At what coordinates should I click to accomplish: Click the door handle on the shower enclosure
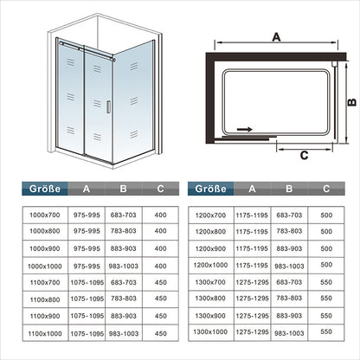tap(108, 106)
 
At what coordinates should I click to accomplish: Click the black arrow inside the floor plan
tap(245, 129)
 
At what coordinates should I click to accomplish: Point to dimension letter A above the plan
tap(276, 37)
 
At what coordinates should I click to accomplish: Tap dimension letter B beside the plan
tap(352, 102)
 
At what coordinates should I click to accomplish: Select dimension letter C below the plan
tap(304, 155)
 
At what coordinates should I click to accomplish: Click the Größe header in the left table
tap(45, 189)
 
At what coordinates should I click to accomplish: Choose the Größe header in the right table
tap(210, 189)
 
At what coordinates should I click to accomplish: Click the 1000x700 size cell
tap(45, 215)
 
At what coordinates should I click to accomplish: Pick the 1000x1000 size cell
tap(45, 267)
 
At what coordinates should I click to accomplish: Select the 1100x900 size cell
tap(45, 316)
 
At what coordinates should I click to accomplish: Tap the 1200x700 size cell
tap(210, 215)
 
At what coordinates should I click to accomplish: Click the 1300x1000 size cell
tap(210, 331)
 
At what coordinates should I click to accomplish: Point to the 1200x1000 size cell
tap(210, 265)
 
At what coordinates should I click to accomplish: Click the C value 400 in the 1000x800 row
tap(160, 231)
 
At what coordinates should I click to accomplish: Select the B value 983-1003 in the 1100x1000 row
tap(124, 333)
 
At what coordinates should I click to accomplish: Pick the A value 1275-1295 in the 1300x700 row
tap(252, 282)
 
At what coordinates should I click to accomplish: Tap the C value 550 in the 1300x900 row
tap(326, 316)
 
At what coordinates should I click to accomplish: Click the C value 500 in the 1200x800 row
tap(326, 231)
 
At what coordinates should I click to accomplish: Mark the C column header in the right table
tap(326, 189)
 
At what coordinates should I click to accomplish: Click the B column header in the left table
tap(124, 189)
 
